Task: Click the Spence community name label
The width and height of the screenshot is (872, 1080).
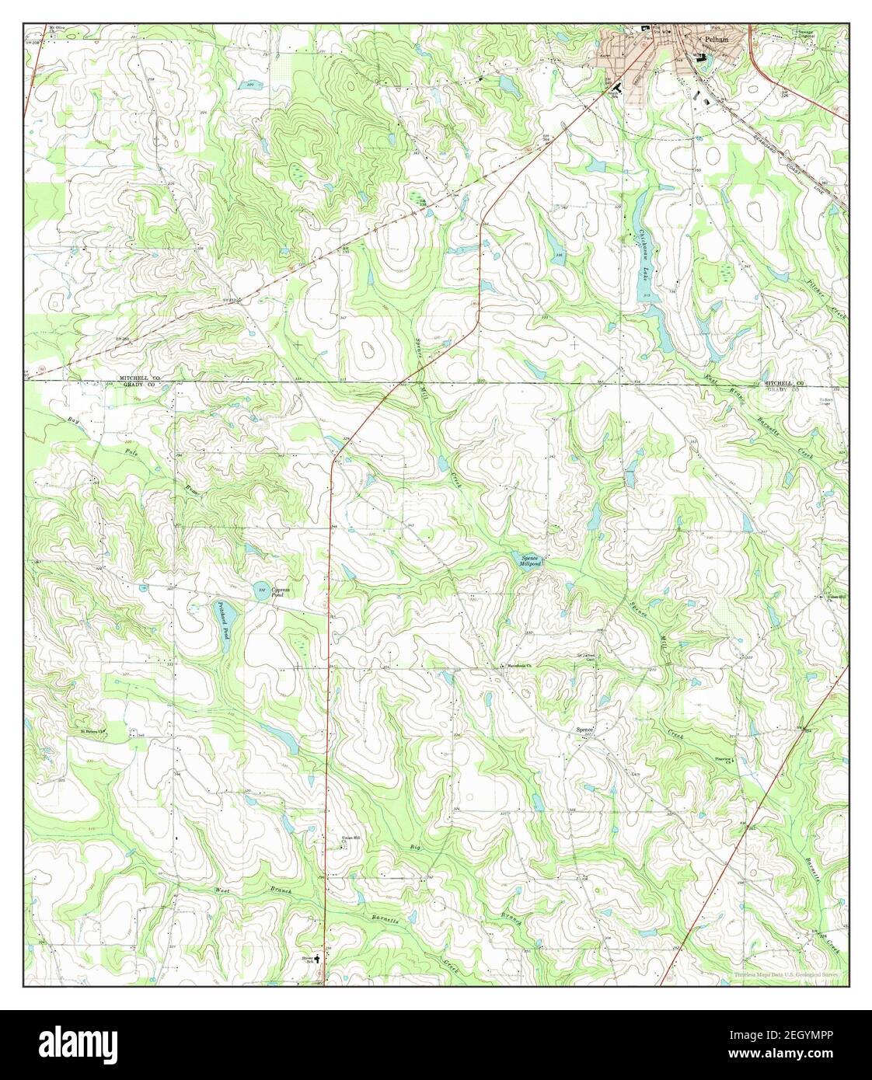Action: pyautogui.click(x=584, y=730)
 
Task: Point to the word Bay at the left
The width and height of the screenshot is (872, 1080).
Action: pyautogui.click(x=73, y=422)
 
